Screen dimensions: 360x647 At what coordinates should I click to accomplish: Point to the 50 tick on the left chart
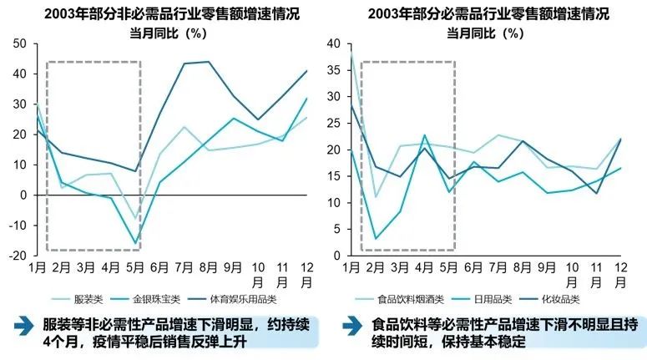point(21,43)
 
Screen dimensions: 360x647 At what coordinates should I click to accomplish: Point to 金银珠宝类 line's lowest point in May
point(135,243)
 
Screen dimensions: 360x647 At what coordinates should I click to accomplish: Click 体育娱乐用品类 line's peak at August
point(209,62)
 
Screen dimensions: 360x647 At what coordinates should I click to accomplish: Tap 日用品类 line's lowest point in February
point(376,239)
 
